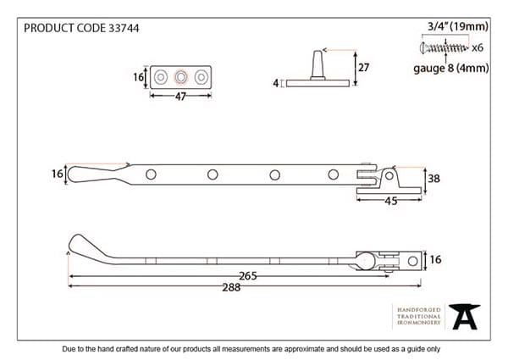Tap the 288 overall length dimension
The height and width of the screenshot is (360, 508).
(x=230, y=287)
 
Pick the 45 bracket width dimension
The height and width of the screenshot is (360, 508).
(x=390, y=200)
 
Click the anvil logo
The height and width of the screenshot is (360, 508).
(x=464, y=317)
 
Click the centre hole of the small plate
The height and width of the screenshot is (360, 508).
(x=179, y=78)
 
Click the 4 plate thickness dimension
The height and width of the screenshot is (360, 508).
(x=276, y=83)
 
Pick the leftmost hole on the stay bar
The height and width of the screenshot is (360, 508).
(x=151, y=175)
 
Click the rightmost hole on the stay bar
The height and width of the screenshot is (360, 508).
(x=333, y=175)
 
